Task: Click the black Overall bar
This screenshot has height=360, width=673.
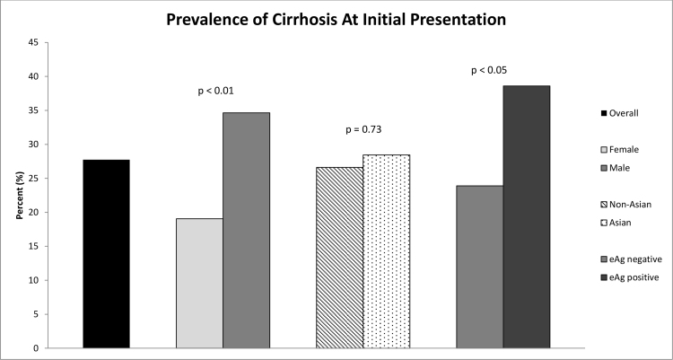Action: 106,254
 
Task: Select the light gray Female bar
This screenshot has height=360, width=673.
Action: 199,283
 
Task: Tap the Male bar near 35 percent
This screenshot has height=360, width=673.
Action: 246,230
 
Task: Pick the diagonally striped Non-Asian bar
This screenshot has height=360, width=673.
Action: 339,258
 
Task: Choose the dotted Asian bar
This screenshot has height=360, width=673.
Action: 386,251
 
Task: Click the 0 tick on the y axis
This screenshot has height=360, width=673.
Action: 34,348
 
